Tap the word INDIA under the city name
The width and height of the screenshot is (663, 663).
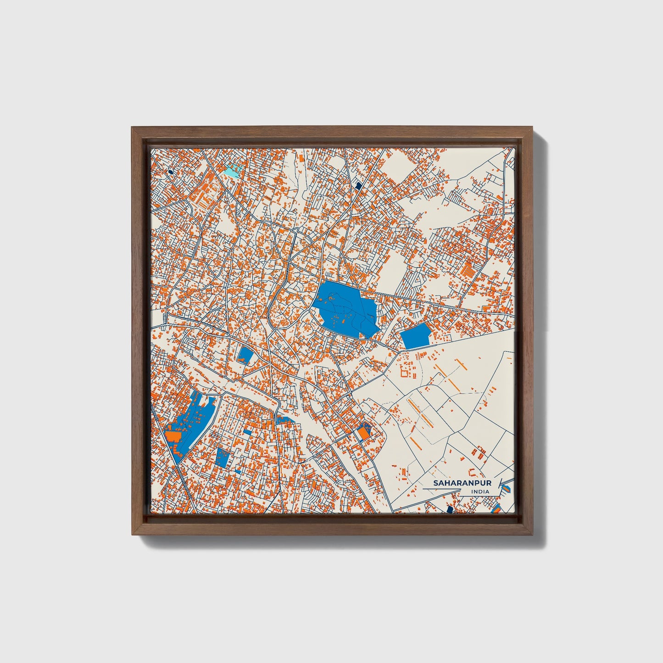480,492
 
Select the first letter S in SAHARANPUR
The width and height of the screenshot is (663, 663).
436,484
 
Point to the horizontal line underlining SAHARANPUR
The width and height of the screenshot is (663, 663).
440,489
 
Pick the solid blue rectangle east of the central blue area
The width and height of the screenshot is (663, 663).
416,336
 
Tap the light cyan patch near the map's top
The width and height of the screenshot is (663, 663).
232,171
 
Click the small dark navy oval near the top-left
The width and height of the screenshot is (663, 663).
171,172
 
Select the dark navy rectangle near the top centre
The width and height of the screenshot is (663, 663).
359,185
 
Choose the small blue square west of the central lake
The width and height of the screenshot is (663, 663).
245,354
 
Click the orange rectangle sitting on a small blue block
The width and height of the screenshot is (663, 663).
363,433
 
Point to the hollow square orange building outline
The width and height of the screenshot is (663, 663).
405,371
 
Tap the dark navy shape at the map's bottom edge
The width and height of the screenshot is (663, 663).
450,509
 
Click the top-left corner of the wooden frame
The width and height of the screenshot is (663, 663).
133,129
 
